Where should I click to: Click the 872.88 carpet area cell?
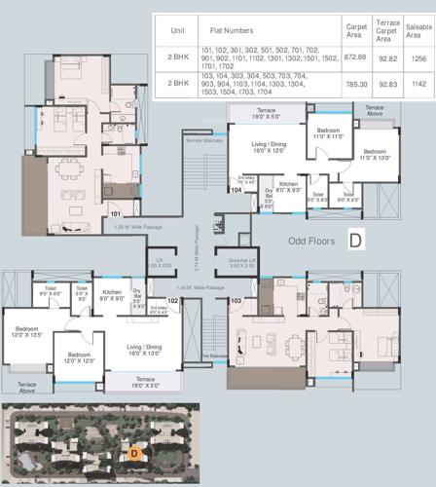tap(355, 57)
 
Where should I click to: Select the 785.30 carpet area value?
tap(355, 85)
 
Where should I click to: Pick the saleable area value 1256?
tap(419, 57)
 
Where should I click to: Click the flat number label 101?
tap(115, 211)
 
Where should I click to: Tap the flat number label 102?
tap(173, 301)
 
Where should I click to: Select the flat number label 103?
tap(235, 301)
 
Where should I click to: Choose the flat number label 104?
tap(236, 191)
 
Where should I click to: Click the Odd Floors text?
tap(311, 240)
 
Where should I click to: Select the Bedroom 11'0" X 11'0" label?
tap(328, 132)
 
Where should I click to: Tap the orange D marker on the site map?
tap(134, 451)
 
